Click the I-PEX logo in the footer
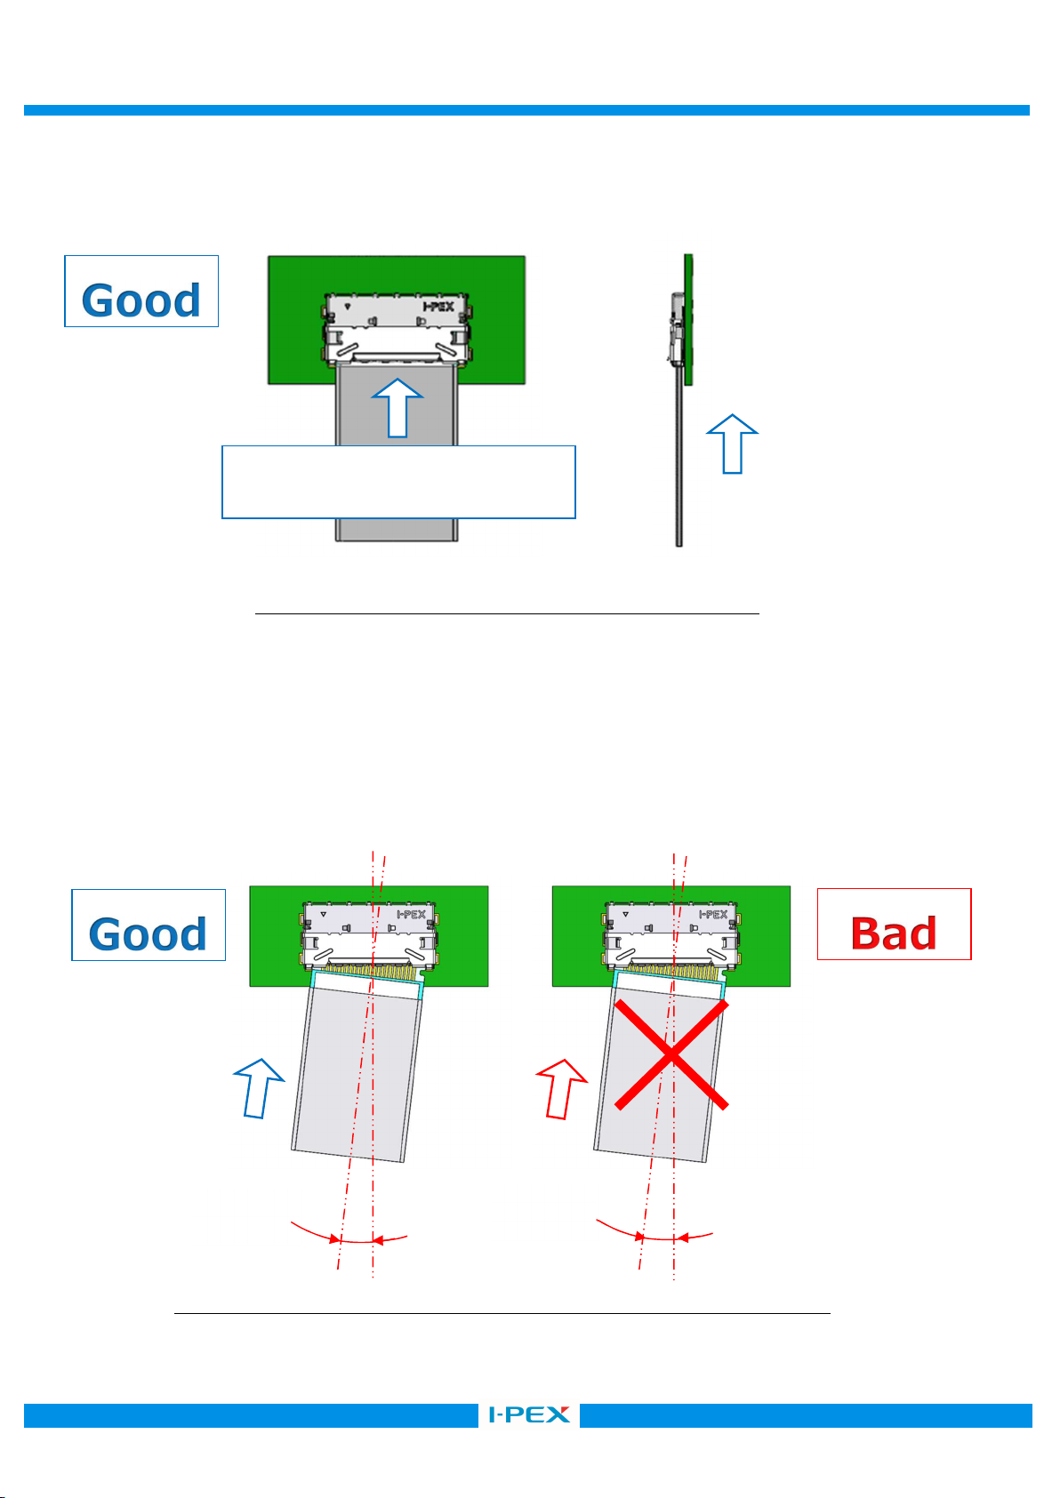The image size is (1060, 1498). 529,1414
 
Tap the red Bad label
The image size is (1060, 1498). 894,924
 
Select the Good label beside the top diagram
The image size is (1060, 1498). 141,291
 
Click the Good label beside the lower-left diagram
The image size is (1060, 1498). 149,925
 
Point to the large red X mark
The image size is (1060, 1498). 671,1054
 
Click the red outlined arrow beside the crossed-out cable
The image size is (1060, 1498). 562,1088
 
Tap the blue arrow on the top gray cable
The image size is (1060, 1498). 397,408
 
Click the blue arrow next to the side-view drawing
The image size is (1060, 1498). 732,444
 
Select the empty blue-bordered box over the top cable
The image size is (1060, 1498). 398,482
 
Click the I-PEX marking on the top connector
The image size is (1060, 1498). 438,307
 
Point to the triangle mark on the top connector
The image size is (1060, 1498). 347,307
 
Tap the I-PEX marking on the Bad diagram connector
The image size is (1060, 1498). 713,914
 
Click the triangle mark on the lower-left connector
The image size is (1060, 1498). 323,914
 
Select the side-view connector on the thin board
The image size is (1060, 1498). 676,329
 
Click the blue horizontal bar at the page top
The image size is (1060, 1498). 526,110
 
